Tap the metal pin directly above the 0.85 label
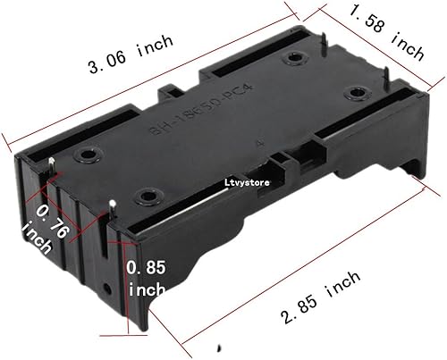[x=113, y=207]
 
